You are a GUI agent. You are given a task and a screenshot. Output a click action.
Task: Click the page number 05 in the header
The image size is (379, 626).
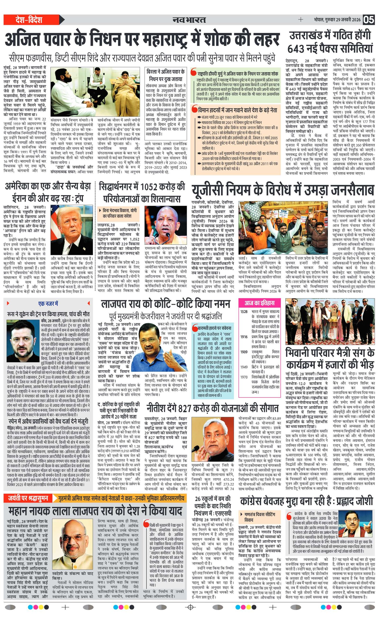tap(368, 20)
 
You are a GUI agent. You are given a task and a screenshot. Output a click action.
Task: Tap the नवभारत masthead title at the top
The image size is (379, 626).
tap(189, 20)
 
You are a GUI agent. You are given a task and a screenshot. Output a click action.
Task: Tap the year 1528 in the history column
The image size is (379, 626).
tap(244, 312)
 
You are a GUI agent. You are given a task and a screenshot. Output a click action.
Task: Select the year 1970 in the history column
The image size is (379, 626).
tap(244, 377)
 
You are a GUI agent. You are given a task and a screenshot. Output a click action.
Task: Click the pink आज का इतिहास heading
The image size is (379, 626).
tap(260, 303)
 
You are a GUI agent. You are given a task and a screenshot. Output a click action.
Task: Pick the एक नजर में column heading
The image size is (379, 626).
tap(48, 304)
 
